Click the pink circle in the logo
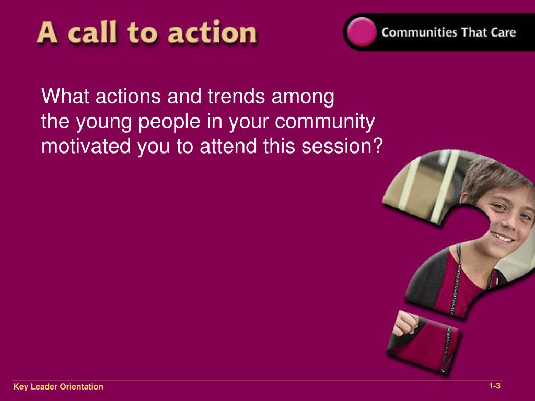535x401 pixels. (x=360, y=32)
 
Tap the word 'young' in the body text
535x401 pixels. (x=107, y=122)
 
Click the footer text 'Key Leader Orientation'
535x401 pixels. (x=59, y=387)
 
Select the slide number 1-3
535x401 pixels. (x=494, y=386)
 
